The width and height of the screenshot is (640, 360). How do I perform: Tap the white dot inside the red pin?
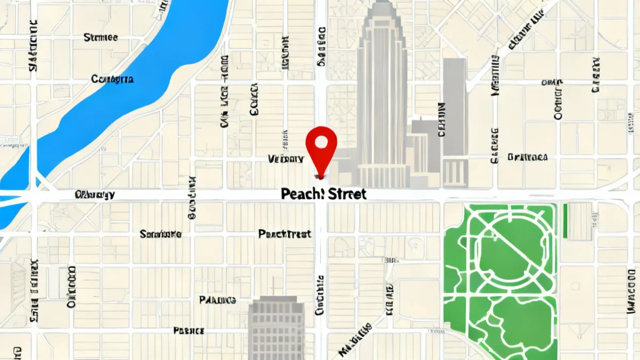[x=321, y=142]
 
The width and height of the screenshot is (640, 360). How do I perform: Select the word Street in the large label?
[x=347, y=194]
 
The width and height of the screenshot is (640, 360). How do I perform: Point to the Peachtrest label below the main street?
[x=285, y=234]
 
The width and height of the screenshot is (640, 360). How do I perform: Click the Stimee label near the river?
[x=101, y=38]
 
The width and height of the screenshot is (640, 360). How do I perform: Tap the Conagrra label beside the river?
[x=113, y=79]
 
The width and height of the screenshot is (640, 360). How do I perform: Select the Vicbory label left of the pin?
[x=286, y=158]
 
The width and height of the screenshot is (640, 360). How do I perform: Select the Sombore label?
[x=161, y=234]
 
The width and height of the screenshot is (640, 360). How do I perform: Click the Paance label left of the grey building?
[x=218, y=300]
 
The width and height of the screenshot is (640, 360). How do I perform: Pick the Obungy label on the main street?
[x=95, y=194]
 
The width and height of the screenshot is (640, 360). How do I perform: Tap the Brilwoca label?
[x=527, y=157]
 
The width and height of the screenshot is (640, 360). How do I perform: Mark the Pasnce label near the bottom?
[x=189, y=331]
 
